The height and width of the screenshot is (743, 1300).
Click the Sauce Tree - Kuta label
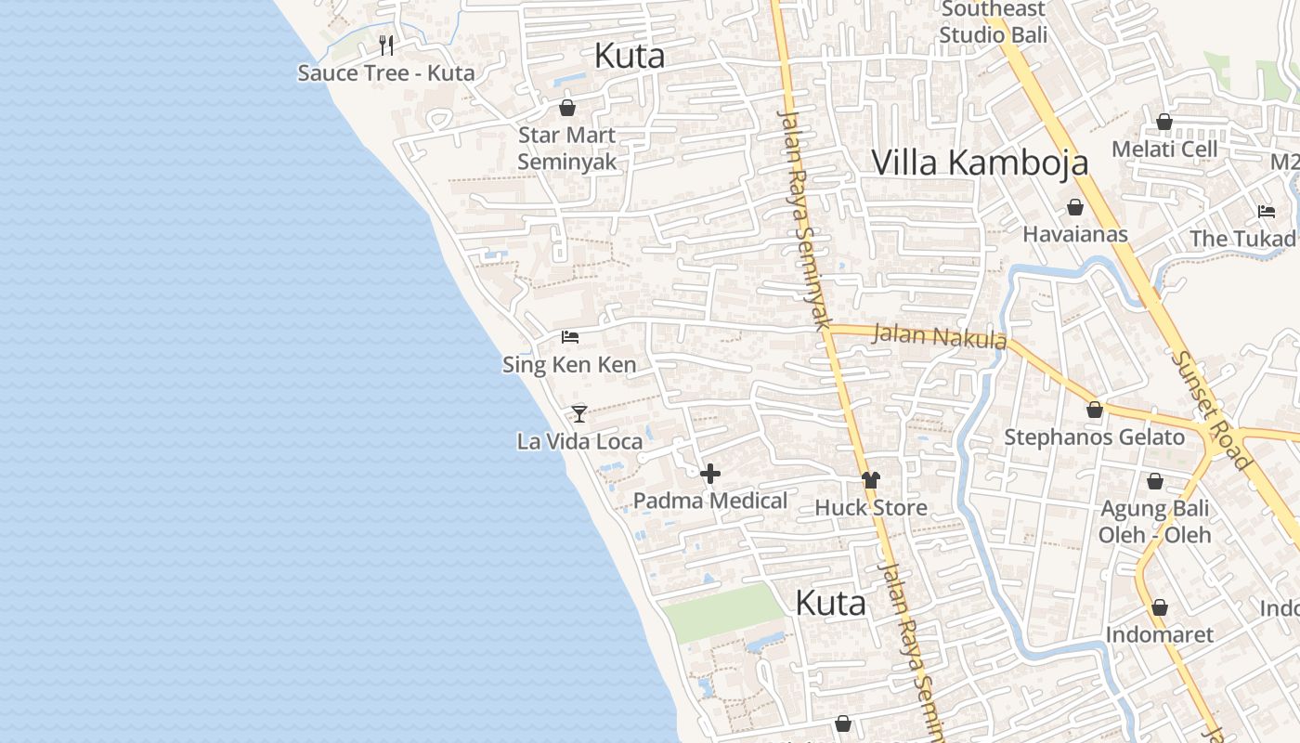pyautogui.click(x=385, y=72)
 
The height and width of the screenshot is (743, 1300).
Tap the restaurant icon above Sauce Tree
pyautogui.click(x=386, y=45)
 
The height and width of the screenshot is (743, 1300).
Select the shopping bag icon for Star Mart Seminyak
pyautogui.click(x=567, y=108)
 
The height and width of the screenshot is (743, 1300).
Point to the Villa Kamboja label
pyautogui.click(x=980, y=163)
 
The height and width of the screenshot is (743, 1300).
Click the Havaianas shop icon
pyautogui.click(x=1075, y=206)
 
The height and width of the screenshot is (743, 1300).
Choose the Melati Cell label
pyautogui.click(x=1164, y=149)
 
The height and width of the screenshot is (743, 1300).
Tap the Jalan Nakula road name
pyautogui.click(x=940, y=335)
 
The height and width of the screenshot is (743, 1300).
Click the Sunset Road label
pyautogui.click(x=1213, y=410)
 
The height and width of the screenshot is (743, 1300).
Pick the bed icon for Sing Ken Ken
pyautogui.click(x=570, y=336)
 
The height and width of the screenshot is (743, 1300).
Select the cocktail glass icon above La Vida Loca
pyautogui.click(x=579, y=413)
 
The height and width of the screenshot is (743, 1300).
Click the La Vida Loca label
pyautogui.click(x=579, y=441)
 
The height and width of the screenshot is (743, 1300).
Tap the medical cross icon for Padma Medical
pyautogui.click(x=710, y=474)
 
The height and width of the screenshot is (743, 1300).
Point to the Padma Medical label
pyautogui.click(x=710, y=501)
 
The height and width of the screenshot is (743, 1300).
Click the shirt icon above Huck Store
pyautogui.click(x=870, y=480)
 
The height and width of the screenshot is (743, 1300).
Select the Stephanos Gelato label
pyautogui.click(x=1095, y=437)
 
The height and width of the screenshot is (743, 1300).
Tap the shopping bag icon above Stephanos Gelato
pyautogui.click(x=1095, y=410)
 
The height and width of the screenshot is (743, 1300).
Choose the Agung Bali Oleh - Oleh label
pyautogui.click(x=1155, y=522)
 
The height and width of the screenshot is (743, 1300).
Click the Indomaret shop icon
pyautogui.click(x=1160, y=607)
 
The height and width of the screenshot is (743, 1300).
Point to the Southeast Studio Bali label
pyautogui.click(x=993, y=22)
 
